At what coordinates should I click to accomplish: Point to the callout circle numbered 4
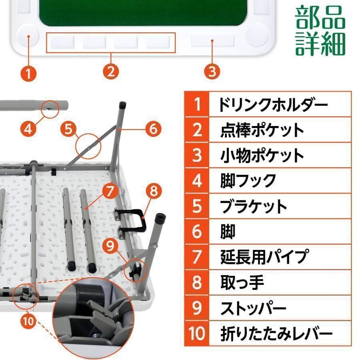pyautogui.click(x=28, y=128)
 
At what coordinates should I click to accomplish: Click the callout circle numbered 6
pyautogui.click(x=153, y=128)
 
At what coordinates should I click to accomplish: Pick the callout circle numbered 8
pyautogui.click(x=153, y=192)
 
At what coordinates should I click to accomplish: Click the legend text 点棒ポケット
pyautogui.click(x=262, y=130)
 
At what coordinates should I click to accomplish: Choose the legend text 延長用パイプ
pyautogui.click(x=264, y=256)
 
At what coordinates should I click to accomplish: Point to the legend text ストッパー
pyautogui.click(x=253, y=308)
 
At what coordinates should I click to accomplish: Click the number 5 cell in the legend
pyautogui.click(x=197, y=206)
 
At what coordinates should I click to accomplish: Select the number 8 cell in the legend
pyautogui.click(x=197, y=282)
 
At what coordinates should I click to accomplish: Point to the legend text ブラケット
pyautogui.click(x=254, y=206)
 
